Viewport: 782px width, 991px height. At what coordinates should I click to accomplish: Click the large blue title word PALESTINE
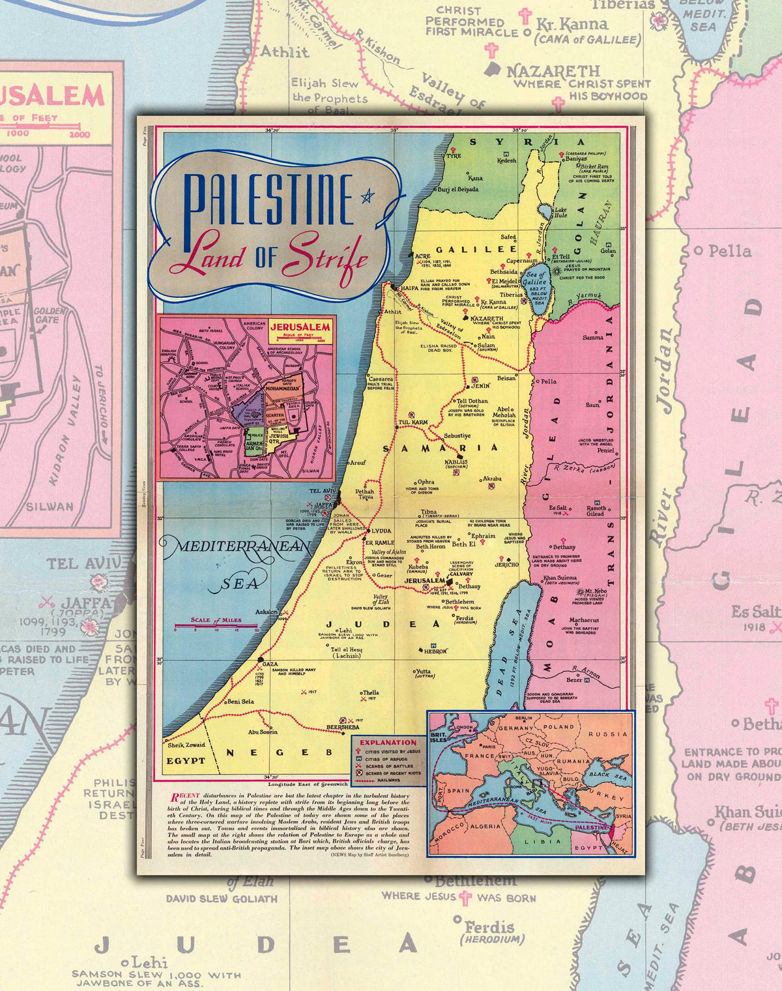click(x=268, y=200)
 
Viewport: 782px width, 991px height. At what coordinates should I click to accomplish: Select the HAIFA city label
click(x=409, y=288)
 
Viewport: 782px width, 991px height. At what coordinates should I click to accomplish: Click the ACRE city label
click(x=422, y=256)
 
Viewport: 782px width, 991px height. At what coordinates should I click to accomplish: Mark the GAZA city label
click(x=269, y=663)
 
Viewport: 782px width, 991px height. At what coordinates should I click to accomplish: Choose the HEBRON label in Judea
click(x=435, y=651)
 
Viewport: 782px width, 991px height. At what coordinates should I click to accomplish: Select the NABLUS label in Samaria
click(x=456, y=462)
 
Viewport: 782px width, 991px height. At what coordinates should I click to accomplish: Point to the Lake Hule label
click(x=560, y=213)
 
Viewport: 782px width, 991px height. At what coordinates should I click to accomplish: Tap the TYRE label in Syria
click(x=453, y=156)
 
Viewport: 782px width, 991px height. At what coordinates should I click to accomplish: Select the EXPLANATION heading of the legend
click(x=388, y=742)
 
